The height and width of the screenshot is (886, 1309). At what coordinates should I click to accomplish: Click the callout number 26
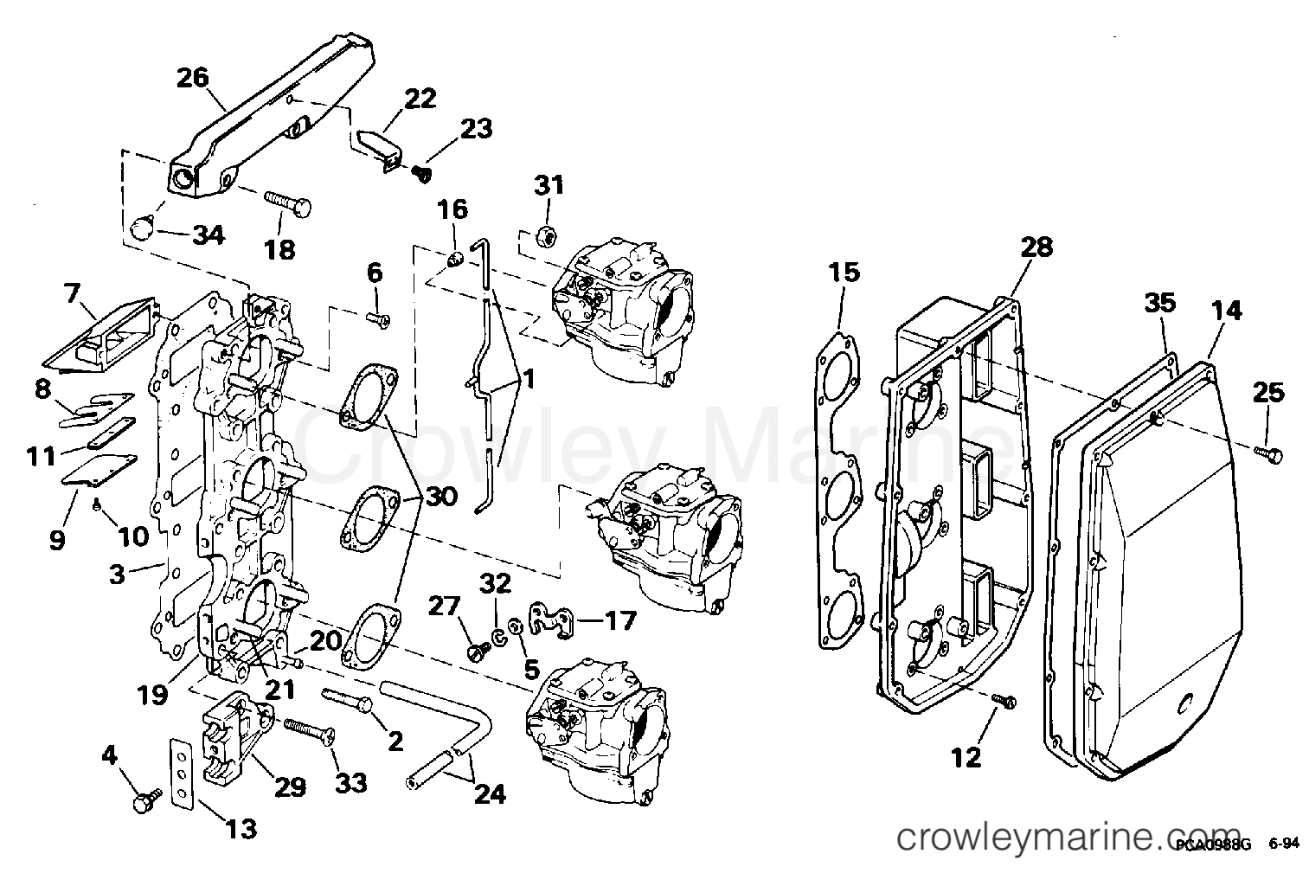click(193, 78)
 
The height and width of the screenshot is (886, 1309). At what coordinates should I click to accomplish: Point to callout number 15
click(844, 273)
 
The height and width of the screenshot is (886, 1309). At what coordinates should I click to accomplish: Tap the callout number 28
click(1036, 247)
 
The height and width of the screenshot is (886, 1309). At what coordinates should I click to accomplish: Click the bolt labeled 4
click(144, 802)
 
